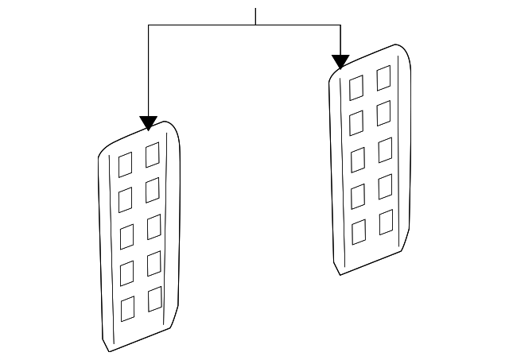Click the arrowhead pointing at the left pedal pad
pyautogui.click(x=148, y=123)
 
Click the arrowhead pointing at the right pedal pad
pyautogui.click(x=340, y=62)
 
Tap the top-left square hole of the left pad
pyautogui.click(x=125, y=165)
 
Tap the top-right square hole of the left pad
pyautogui.click(x=152, y=155)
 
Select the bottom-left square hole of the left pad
pyautogui.click(x=126, y=309)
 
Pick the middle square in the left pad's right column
pyautogui.click(x=153, y=226)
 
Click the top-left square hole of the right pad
pyautogui.click(x=356, y=87)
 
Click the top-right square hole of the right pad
pyautogui.click(x=383, y=77)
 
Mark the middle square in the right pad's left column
pyautogui.click(x=358, y=159)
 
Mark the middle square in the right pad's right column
pyautogui.click(x=385, y=149)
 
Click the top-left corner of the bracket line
pyautogui.click(x=149, y=25)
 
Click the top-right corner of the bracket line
pyautogui.click(x=340, y=25)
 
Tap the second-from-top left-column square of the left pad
pyautogui.click(x=126, y=199)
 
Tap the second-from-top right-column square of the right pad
pyautogui.click(x=384, y=112)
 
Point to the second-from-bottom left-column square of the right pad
pyautogui.click(x=358, y=195)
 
